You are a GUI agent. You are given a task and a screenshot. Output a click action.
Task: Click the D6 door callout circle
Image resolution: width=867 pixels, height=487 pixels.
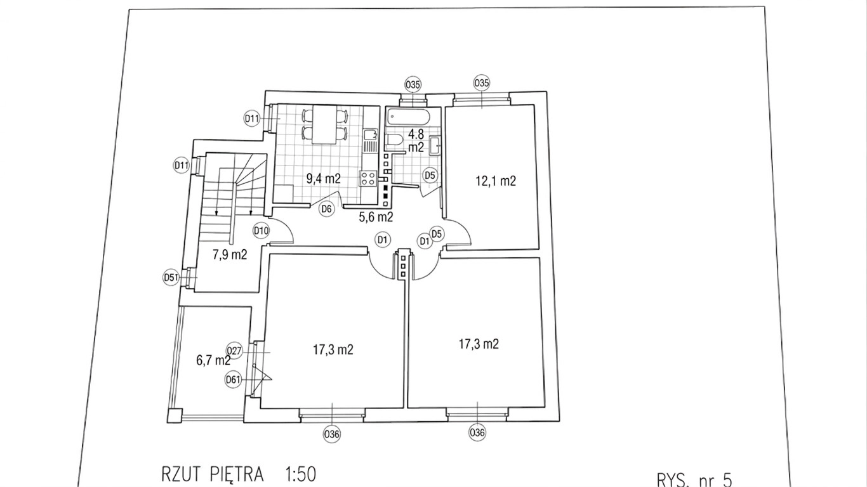326,209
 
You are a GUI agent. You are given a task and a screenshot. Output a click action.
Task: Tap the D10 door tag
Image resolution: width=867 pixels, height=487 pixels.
261,231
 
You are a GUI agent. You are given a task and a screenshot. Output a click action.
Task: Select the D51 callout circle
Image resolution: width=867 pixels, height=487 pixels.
171,277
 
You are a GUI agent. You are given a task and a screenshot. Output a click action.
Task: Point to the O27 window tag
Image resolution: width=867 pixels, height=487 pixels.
234,351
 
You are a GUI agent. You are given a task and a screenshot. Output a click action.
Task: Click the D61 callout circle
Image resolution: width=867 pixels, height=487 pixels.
233,379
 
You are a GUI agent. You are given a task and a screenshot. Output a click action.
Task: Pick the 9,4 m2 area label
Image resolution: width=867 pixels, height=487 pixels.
324,179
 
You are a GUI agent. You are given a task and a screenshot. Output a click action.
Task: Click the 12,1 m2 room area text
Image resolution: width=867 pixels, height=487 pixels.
496,181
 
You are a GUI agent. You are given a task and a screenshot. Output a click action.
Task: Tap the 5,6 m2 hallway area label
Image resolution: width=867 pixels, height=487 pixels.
376,217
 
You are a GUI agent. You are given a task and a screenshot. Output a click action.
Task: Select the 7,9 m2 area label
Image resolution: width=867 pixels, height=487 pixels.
230,255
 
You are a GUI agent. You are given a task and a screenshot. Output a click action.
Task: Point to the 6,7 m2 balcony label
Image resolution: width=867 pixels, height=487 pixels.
214,361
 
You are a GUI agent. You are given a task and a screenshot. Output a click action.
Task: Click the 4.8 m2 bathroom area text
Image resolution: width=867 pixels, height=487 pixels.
416,140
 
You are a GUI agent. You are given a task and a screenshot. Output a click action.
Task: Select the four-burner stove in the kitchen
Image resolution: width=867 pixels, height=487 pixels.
368,179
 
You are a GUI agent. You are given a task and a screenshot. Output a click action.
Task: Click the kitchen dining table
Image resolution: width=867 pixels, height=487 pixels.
324,124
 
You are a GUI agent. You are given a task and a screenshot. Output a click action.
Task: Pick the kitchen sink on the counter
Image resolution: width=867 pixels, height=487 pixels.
371,134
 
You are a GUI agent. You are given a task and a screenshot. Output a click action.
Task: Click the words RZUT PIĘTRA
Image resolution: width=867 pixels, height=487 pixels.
213,474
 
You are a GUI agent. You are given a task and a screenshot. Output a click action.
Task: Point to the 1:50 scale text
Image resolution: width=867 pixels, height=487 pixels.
301,474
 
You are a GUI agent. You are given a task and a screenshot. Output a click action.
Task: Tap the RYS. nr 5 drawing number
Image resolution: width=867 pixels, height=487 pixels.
694,480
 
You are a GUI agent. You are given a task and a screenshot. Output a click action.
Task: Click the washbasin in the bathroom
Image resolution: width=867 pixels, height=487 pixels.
435,146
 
